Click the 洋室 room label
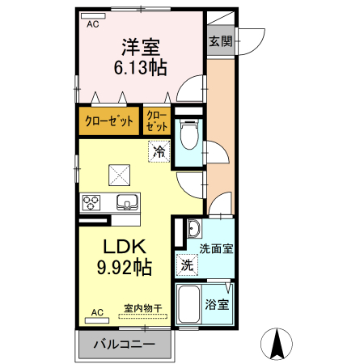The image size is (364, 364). pyautogui.click(x=141, y=47)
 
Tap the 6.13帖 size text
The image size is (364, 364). pyautogui.click(x=141, y=67)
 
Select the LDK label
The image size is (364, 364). pyautogui.click(x=125, y=247)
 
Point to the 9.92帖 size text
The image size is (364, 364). pyautogui.click(x=125, y=267)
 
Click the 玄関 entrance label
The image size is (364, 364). pyautogui.click(x=221, y=41)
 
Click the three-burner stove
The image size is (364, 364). pyautogui.click(x=91, y=202)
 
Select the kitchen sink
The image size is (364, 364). pyautogui.click(x=127, y=202)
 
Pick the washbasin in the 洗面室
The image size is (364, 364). pyautogui.click(x=194, y=229)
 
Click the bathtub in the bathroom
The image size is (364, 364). pyautogui.click(x=188, y=304)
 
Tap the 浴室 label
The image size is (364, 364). pyautogui.click(x=217, y=304)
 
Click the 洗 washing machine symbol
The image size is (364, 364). pyautogui.click(x=187, y=265)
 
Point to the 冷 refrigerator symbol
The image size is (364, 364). pyautogui.click(x=159, y=151)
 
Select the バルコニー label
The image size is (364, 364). pyautogui.click(x=125, y=345)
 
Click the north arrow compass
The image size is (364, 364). pyautogui.click(x=277, y=344)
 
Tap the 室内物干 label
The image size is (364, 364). pyautogui.click(x=143, y=308)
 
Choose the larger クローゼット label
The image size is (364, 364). pyautogui.click(x=109, y=121)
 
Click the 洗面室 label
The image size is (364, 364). pyautogui.click(x=216, y=248)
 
